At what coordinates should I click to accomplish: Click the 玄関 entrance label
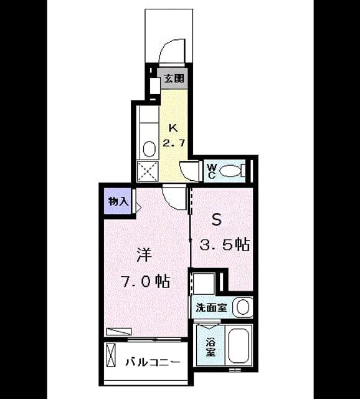coord(174,78)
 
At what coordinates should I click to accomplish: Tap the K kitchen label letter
coord(173,128)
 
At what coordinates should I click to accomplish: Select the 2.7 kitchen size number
coord(173,143)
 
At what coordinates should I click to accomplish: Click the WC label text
coord(212,171)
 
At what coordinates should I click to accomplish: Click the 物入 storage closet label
coord(118,201)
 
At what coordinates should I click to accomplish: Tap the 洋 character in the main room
coord(144,254)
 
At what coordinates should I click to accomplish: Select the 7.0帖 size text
coord(146,281)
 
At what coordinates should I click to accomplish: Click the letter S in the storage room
coord(217,220)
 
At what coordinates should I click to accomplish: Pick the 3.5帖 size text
coord(224,245)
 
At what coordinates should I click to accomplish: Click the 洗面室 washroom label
coord(211,307)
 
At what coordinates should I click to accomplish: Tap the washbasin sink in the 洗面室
coord(242,307)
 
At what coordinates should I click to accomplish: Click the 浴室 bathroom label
coord(211,347)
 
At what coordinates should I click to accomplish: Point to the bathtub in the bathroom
coord(239,345)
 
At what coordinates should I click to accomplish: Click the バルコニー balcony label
coord(153,362)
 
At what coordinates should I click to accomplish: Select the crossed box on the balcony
coord(111,355)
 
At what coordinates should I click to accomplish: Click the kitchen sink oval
coord(149,149)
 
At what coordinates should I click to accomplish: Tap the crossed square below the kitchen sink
coord(148,171)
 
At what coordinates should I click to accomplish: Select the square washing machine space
coord(204,283)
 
